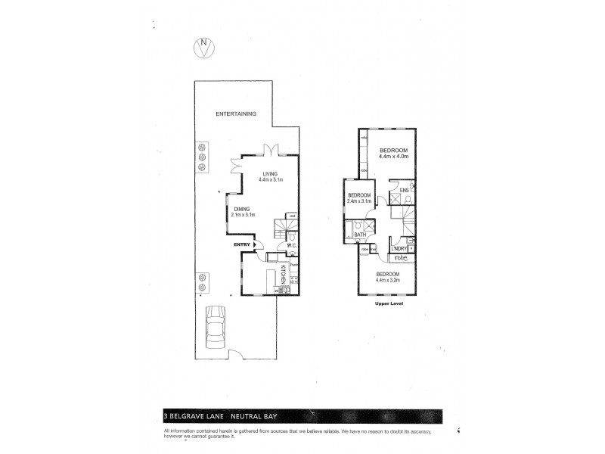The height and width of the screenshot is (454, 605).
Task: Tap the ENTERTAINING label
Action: pyautogui.click(x=235, y=113)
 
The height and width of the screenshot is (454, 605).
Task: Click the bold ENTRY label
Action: pyautogui.click(x=242, y=244)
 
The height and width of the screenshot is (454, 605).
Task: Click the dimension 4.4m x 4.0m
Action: pyautogui.click(x=393, y=157)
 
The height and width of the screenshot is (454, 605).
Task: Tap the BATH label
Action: pyautogui.click(x=360, y=235)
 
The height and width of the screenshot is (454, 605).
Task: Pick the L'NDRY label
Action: pyautogui.click(x=399, y=249)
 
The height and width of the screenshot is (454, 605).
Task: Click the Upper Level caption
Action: pyautogui.click(x=386, y=303)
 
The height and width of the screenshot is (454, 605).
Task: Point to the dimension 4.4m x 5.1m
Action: pyautogui.click(x=270, y=180)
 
